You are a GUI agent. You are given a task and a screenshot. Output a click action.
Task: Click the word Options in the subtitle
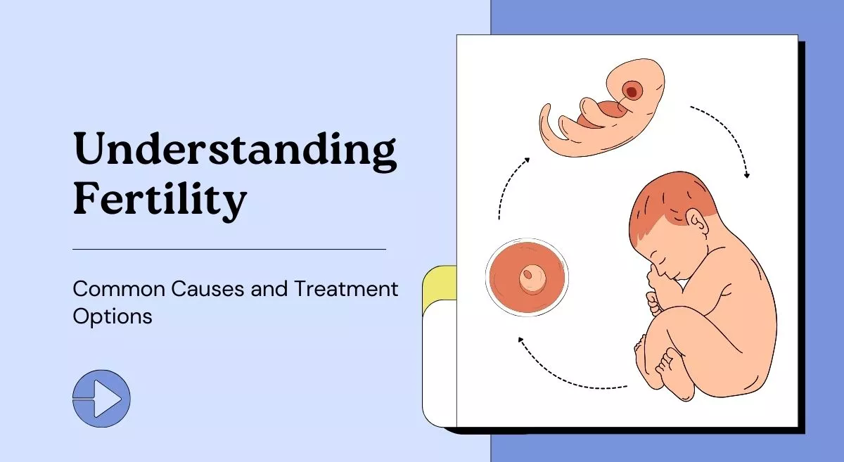pyautogui.click(x=113, y=316)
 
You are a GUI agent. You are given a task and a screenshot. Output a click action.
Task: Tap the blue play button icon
pyautogui.click(x=102, y=399)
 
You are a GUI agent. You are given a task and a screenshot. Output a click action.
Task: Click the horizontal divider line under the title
pyautogui.click(x=229, y=249)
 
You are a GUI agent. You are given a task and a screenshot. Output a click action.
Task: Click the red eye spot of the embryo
pyautogui.click(x=632, y=91)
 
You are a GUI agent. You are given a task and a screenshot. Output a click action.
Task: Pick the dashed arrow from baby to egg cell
pyautogui.click(x=570, y=373)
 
